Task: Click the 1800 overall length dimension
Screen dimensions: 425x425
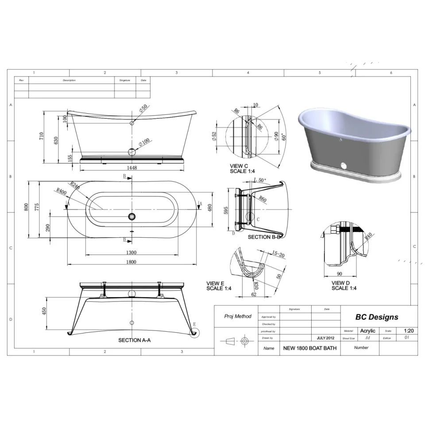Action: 131,262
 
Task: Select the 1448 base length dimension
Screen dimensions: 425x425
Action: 131,168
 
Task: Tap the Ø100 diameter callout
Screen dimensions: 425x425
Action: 144,142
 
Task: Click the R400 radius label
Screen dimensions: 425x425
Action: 61,191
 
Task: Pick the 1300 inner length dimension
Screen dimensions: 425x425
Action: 131,252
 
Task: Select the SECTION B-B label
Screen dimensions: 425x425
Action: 264,237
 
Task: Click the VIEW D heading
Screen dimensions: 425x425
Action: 341,283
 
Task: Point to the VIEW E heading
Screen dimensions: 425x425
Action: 216,283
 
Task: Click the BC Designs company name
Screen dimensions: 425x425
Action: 377,317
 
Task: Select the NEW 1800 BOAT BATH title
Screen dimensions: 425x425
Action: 309,348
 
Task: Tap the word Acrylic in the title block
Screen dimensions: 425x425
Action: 367,331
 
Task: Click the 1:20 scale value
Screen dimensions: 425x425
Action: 409,331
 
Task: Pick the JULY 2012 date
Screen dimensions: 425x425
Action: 325,338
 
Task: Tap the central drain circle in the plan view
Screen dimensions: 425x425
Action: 131,216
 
